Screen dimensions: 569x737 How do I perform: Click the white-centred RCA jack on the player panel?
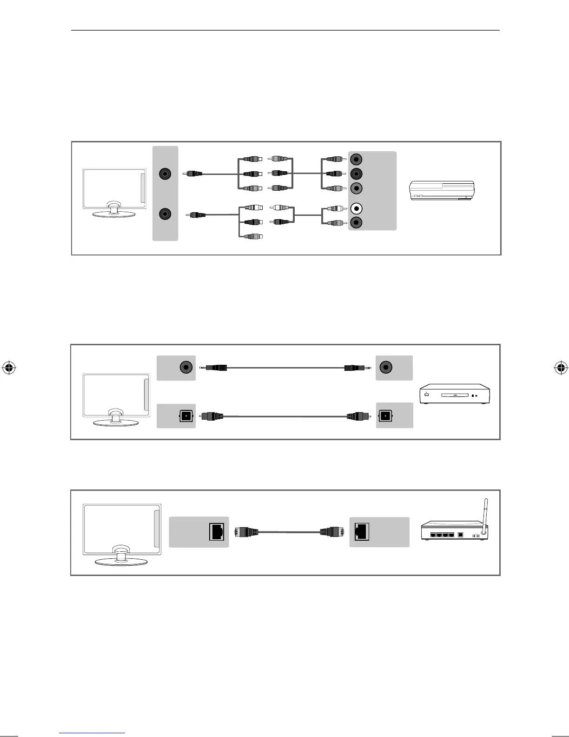tap(356, 208)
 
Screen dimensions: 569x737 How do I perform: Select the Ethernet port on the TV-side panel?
tap(217, 532)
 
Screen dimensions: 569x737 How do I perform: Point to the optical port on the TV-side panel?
tap(186, 415)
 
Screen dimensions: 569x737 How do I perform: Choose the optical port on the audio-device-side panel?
tap(385, 415)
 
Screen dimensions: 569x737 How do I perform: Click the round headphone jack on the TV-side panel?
tap(186, 368)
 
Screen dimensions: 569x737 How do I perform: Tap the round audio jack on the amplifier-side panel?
tap(385, 368)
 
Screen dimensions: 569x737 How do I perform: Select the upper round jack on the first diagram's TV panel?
tap(165, 174)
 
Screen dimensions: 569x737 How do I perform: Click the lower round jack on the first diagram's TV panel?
tap(165, 214)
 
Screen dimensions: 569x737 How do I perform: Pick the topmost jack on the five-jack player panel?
tap(356, 159)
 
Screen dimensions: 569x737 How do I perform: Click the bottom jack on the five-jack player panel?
tap(356, 222)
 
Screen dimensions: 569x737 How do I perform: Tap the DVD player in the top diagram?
tap(441, 191)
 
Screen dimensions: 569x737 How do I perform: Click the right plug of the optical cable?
tap(358, 415)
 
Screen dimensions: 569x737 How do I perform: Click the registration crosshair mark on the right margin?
tap(560, 368)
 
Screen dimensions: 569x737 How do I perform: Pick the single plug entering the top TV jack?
tap(192, 174)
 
